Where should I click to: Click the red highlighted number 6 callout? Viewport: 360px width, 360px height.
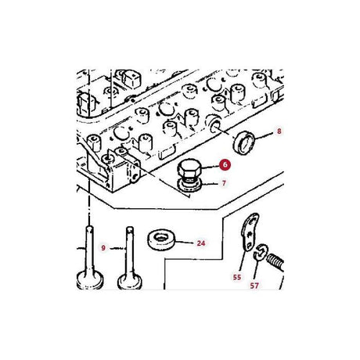click(225, 164)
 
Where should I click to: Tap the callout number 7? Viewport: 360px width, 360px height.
click(224, 183)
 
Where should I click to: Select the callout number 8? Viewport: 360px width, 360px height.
click(279, 131)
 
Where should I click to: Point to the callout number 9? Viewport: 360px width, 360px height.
click(103, 248)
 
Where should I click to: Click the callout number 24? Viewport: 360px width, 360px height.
click(201, 243)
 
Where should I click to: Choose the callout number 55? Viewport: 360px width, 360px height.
click(237, 277)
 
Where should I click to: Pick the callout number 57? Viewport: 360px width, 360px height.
click(254, 286)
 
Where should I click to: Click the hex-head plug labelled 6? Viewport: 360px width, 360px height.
click(189, 169)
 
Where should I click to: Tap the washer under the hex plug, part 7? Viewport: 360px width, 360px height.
click(189, 185)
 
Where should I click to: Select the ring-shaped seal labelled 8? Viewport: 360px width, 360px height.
click(244, 143)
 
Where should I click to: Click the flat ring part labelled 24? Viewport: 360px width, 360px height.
click(161, 239)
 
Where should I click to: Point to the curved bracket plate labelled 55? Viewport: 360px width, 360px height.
click(249, 232)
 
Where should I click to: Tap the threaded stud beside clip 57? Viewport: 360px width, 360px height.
click(275, 263)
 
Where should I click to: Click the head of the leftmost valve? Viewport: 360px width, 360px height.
click(90, 280)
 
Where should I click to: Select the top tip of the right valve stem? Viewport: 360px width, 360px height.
click(130, 228)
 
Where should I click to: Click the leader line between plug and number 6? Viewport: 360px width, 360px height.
click(211, 166)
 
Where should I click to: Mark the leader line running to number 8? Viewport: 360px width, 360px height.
click(264, 136)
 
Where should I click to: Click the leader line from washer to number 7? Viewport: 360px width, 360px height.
click(210, 184)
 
